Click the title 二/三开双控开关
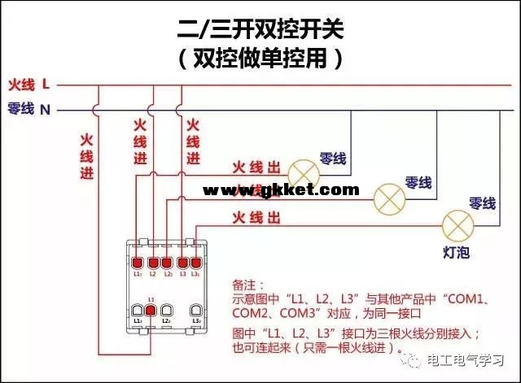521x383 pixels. [260, 30]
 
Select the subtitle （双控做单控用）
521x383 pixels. [260, 58]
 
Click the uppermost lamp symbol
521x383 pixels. [305, 171]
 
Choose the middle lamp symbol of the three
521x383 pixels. [389, 197]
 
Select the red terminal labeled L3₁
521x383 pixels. [196, 263]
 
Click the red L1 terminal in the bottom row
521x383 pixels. [151, 311]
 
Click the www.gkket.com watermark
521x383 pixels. [280, 190]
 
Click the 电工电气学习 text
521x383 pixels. [471, 360]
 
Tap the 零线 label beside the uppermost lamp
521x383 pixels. [331, 157]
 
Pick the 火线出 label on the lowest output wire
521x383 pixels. [257, 217]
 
